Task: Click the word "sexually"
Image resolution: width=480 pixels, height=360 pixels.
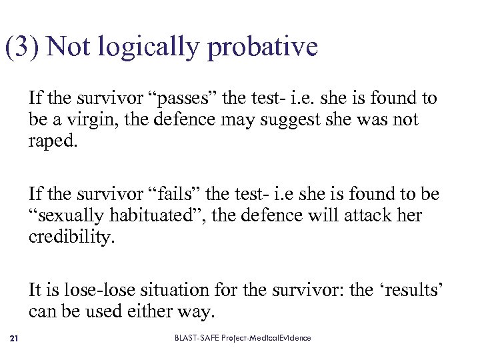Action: [66, 216]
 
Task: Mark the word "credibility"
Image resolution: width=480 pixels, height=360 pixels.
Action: [71, 237]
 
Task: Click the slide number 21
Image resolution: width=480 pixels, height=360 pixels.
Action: [15, 339]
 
